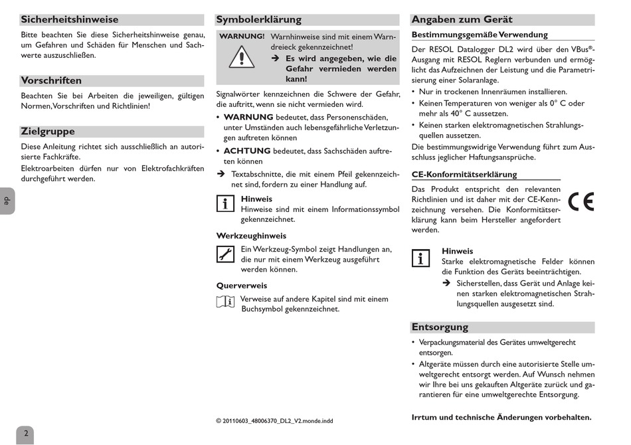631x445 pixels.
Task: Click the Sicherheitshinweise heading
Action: click(x=70, y=20)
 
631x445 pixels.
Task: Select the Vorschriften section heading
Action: click(x=52, y=80)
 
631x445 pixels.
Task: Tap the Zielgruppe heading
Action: click(x=48, y=132)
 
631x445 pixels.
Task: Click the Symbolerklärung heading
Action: click(x=259, y=20)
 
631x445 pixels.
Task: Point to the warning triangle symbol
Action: click(x=242, y=58)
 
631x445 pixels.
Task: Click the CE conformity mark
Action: click(x=581, y=202)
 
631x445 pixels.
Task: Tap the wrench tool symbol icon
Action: click(x=225, y=254)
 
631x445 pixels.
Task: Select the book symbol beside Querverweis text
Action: click(x=225, y=302)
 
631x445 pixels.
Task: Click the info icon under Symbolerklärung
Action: click(x=225, y=204)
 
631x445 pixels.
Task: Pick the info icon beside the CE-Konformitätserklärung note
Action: click(x=420, y=258)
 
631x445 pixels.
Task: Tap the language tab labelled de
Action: click(x=7, y=201)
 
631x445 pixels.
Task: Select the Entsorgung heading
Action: click(x=440, y=327)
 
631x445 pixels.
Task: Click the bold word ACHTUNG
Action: click(x=247, y=151)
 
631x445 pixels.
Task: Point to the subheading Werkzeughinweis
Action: click(x=251, y=236)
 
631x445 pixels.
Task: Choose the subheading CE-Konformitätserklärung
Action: click(x=464, y=175)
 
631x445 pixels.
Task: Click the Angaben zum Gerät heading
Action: click(x=462, y=20)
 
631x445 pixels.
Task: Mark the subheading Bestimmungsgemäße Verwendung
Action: click(x=480, y=35)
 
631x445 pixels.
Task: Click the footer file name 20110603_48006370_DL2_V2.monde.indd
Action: click(x=274, y=420)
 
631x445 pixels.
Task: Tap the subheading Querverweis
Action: click(x=242, y=286)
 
